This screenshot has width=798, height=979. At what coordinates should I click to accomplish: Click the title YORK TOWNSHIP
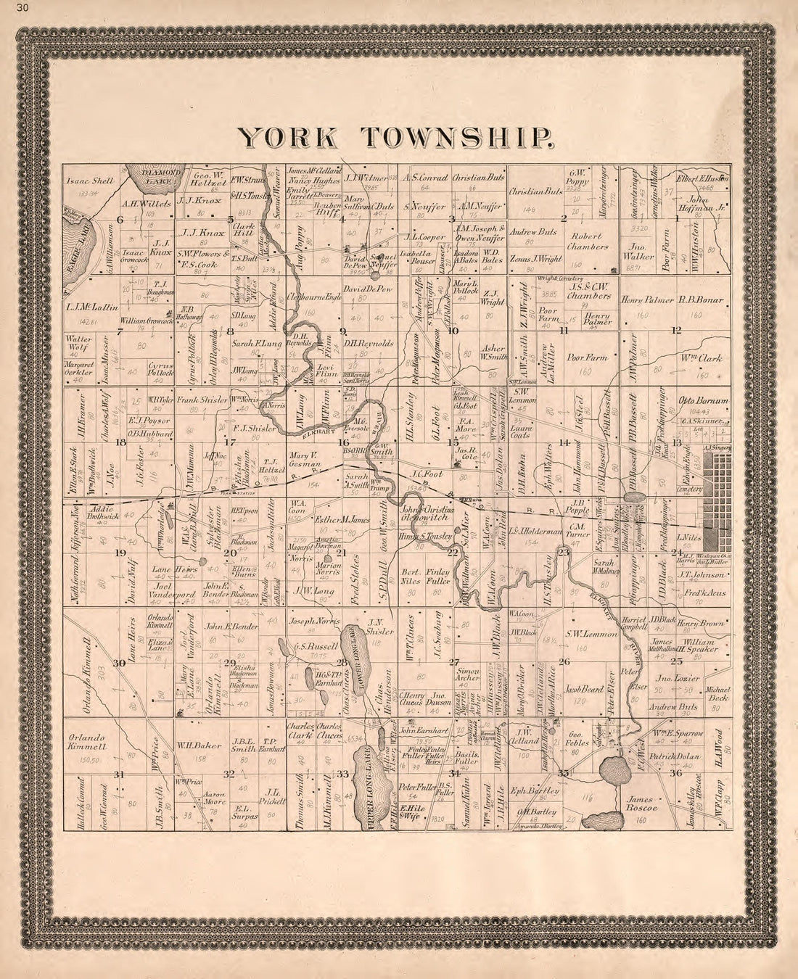click(x=398, y=137)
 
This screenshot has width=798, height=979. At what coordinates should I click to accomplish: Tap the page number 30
click(x=8, y=8)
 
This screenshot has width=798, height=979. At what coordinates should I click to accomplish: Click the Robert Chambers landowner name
click(x=588, y=241)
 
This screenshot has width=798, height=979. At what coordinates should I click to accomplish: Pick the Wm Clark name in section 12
click(x=700, y=358)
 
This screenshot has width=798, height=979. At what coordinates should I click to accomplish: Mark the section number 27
click(x=455, y=661)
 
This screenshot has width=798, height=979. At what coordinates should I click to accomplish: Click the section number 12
click(x=675, y=331)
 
